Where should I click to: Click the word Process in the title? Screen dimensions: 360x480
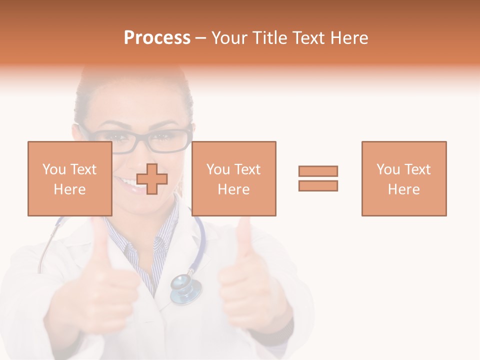[157, 38]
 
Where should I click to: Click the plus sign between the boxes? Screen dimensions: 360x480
[152, 178]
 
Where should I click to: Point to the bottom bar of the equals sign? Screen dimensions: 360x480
[318, 185]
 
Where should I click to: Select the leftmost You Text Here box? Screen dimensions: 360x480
[70, 178]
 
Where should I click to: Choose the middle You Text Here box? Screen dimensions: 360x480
[234, 178]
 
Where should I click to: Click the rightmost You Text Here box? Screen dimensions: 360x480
[404, 178]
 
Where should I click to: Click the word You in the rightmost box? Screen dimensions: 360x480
[387, 169]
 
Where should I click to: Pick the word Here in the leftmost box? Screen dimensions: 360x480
[70, 189]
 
